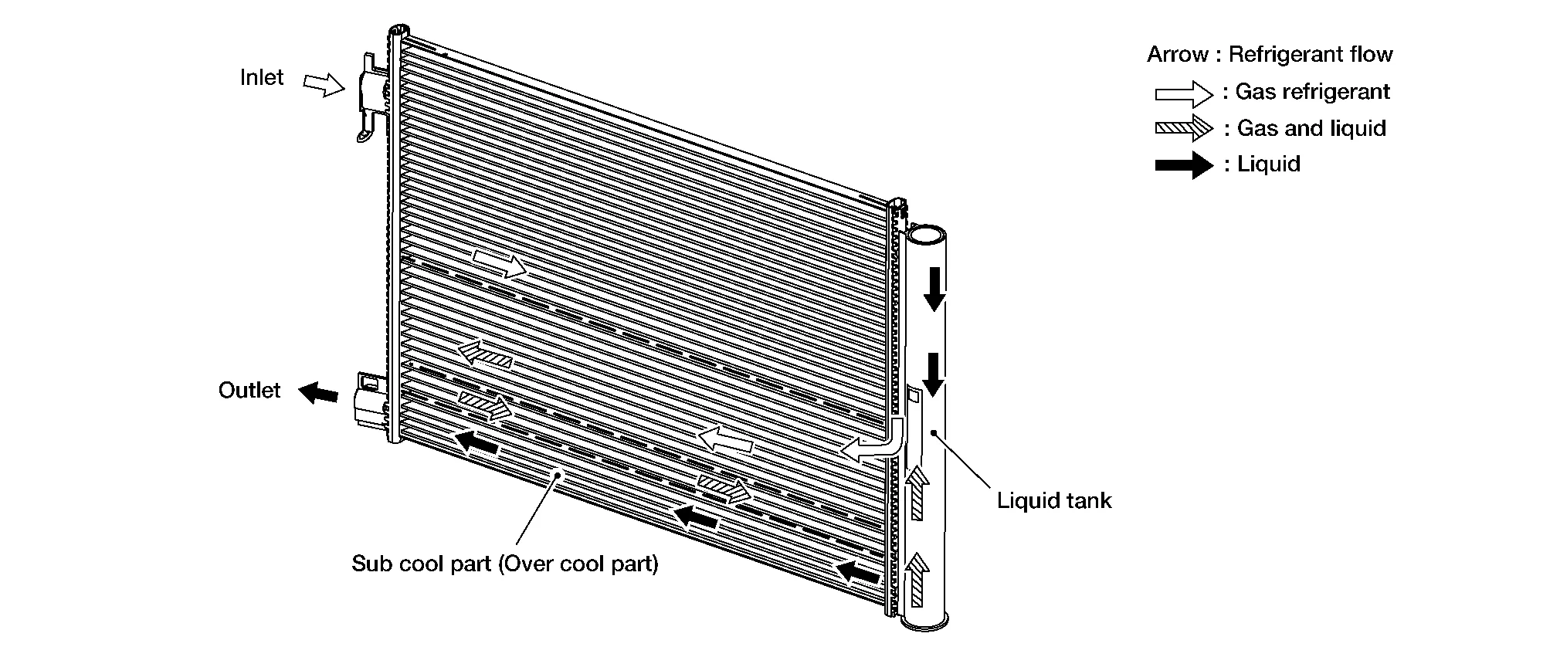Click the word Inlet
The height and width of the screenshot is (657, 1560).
(261, 78)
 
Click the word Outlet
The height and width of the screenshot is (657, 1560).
(249, 391)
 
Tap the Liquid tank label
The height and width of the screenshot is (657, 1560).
(1053, 500)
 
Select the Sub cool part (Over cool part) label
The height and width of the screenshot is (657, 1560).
(505, 564)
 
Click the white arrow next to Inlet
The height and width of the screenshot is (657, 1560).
(324, 84)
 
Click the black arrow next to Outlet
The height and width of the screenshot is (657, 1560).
(318, 393)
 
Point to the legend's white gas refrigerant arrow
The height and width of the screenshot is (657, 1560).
(1184, 93)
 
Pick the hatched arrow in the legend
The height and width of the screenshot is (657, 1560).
(1184, 129)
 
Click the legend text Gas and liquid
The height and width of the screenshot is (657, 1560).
(1311, 128)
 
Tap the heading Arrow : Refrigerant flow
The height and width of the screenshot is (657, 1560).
(1270, 54)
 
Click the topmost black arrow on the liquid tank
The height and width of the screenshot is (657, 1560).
(934, 289)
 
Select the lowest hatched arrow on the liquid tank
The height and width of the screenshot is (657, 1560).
(917, 579)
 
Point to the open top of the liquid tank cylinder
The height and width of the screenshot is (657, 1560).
(926, 233)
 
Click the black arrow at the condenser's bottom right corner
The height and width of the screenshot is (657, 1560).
(859, 572)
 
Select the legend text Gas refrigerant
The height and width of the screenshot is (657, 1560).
(1312, 92)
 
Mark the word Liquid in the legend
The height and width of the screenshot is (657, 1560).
(1268, 164)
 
